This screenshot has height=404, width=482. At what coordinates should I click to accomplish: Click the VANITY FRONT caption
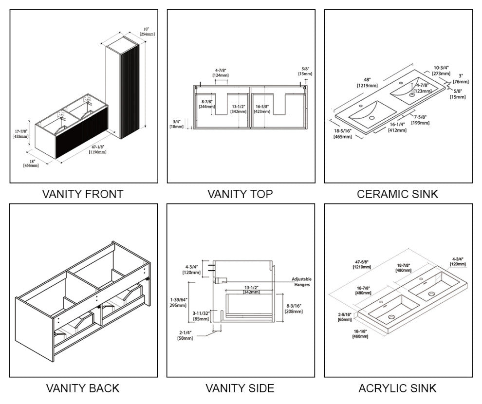[83, 194]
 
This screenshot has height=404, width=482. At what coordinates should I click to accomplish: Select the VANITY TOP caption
[240, 194]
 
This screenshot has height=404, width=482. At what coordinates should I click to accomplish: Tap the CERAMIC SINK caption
[397, 194]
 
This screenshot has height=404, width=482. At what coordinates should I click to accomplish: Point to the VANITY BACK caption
[83, 388]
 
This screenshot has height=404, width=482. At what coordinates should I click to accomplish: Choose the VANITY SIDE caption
[240, 388]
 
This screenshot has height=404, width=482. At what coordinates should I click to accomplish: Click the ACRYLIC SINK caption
[397, 388]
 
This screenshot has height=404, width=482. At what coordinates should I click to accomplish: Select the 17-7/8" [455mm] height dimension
[20, 133]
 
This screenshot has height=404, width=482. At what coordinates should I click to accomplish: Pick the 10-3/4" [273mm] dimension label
[441, 71]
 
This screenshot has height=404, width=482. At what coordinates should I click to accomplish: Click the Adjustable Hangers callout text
[301, 281]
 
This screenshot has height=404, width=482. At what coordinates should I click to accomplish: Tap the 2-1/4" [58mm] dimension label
[185, 335]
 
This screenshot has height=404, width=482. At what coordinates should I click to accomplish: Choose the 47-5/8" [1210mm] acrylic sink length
[363, 264]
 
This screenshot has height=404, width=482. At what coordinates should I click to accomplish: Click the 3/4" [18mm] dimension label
[176, 124]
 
